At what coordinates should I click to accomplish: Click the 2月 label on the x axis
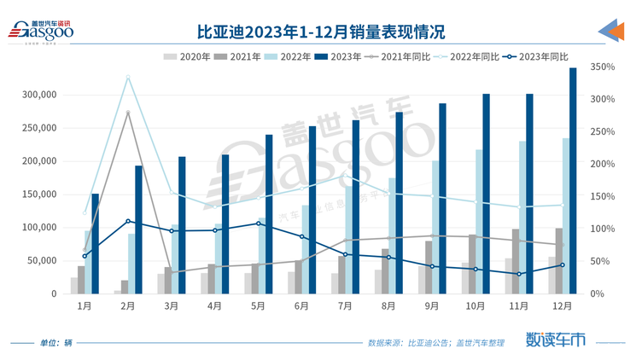pyautogui.click(x=128, y=304)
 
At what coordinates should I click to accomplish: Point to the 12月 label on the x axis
pyautogui.click(x=561, y=304)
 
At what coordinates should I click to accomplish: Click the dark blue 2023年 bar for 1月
pyautogui.click(x=96, y=243)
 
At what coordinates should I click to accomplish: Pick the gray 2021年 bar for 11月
pyautogui.click(x=515, y=261)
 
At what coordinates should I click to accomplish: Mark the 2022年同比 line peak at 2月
pyautogui.click(x=128, y=77)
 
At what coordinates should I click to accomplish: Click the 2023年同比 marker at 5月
pyautogui.click(x=258, y=224)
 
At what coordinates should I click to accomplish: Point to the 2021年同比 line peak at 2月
pyautogui.click(x=128, y=112)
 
